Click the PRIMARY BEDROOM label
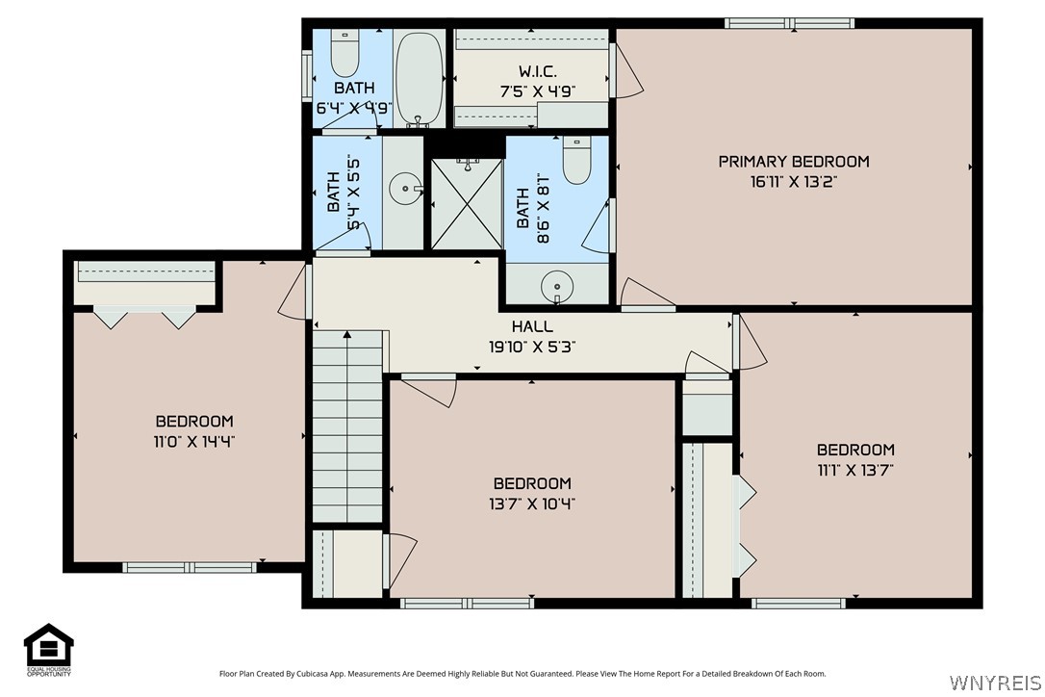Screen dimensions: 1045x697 [794, 162]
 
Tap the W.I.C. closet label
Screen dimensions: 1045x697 [537, 71]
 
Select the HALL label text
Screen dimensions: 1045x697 [532, 326]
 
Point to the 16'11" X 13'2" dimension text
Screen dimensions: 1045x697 [794, 181]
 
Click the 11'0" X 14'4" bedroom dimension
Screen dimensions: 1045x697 [194, 442]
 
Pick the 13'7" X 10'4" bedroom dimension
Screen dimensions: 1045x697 [532, 503]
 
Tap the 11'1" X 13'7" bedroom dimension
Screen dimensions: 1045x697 [855, 470]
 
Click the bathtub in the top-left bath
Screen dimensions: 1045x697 [419, 78]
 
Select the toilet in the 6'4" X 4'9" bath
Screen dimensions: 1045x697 [344, 53]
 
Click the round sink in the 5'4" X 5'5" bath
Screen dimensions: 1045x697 [405, 189]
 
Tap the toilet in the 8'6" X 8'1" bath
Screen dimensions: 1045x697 [576, 160]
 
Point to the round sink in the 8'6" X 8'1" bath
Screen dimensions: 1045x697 [556, 288]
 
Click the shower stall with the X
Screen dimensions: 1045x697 [467, 204]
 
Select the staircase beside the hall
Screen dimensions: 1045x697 [347, 426]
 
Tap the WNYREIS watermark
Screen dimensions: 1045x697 [995, 683]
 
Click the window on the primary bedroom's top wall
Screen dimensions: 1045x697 [789, 23]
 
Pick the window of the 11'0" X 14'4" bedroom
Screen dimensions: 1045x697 [190, 568]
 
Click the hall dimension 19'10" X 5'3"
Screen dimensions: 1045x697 [532, 347]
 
